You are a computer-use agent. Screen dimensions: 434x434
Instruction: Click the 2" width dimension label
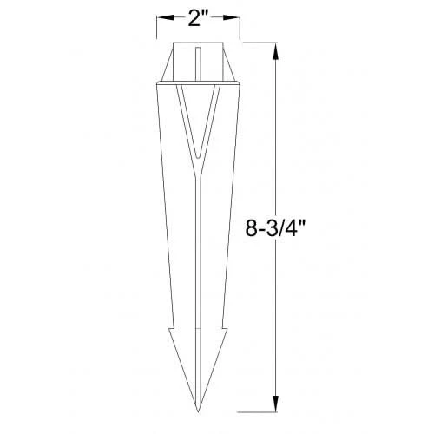click(x=199, y=17)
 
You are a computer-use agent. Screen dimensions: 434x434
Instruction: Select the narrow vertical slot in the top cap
click(x=199, y=65)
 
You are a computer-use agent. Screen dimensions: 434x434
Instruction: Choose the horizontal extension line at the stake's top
click(x=260, y=41)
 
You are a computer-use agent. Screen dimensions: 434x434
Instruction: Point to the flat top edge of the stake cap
click(x=199, y=41)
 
